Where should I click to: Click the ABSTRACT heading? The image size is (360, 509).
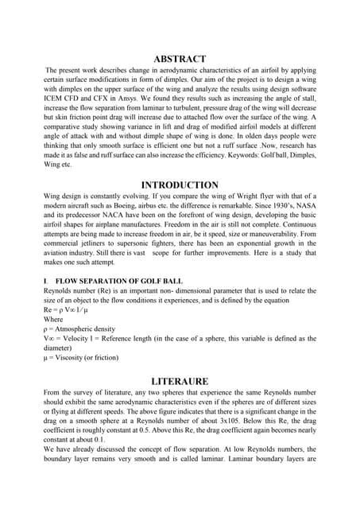click(179, 59)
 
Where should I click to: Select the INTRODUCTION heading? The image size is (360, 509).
click(179, 185)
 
